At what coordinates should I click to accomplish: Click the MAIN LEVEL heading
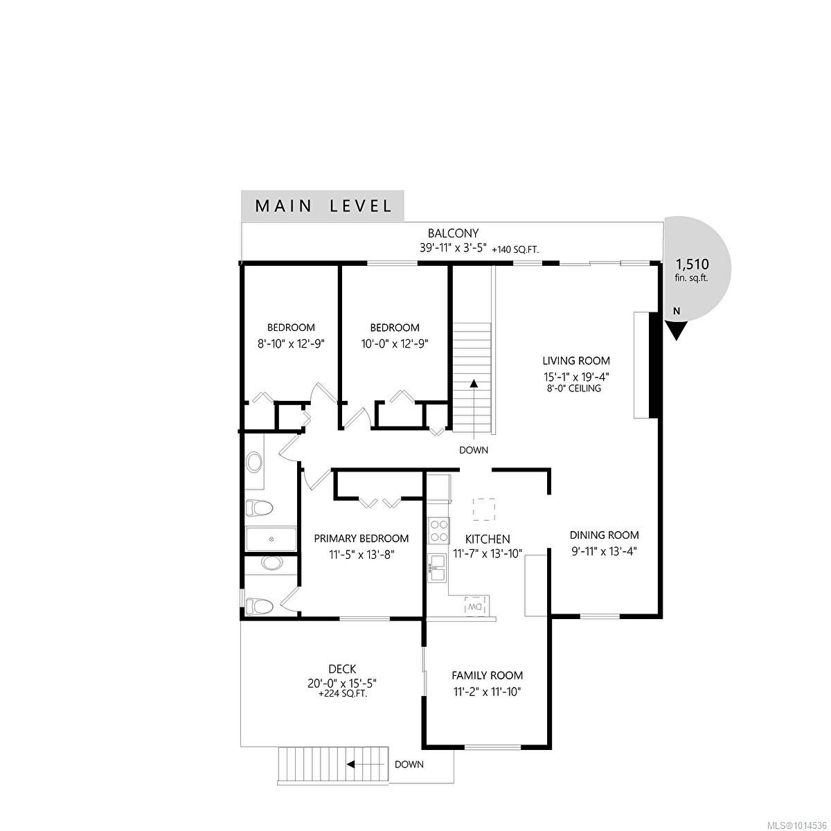coord(323,206)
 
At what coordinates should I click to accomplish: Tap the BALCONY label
coord(453,233)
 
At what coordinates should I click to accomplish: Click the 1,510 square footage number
coord(692,264)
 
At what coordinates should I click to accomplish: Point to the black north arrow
coord(677,332)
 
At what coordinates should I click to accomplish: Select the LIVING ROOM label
coord(576,361)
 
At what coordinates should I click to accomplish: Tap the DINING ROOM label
coord(604,535)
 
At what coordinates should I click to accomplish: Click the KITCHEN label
coord(488,539)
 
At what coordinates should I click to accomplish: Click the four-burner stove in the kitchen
coord(438,530)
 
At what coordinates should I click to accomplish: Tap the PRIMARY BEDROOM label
coord(361,538)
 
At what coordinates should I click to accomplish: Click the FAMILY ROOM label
coord(488,675)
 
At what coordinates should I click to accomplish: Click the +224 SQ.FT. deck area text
coord(343,695)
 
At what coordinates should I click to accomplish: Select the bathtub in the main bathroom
coord(271,539)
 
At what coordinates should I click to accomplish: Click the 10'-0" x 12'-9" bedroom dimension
coord(395,343)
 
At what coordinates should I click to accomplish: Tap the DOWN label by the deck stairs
coord(409,777)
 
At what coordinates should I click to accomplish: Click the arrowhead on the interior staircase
coord(474,383)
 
